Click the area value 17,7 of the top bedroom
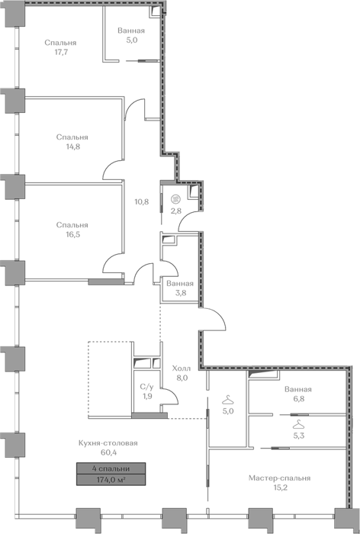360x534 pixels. coord(60,53)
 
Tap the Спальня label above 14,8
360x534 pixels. coord(72,137)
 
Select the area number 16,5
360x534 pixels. coord(73,235)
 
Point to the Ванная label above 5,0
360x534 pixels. coord(131,31)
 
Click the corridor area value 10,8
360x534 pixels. coord(142,201)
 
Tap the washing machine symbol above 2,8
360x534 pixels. coord(175,198)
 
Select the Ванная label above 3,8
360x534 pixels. coord(180,283)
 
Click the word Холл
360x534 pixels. coord(182,368)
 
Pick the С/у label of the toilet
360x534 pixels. coord(146,387)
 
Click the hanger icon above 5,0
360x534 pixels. coord(227,398)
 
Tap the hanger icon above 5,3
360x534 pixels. coord(298,424)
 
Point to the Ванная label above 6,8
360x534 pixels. coord(298,389)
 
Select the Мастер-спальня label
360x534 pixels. coord(279,478)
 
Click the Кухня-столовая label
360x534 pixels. coord(108,443)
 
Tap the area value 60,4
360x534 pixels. coord(108,452)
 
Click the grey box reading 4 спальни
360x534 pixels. coord(111,468)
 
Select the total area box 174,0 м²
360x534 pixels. coord(111,480)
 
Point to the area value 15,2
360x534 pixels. coord(279,487)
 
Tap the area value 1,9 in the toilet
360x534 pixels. coord(147,396)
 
